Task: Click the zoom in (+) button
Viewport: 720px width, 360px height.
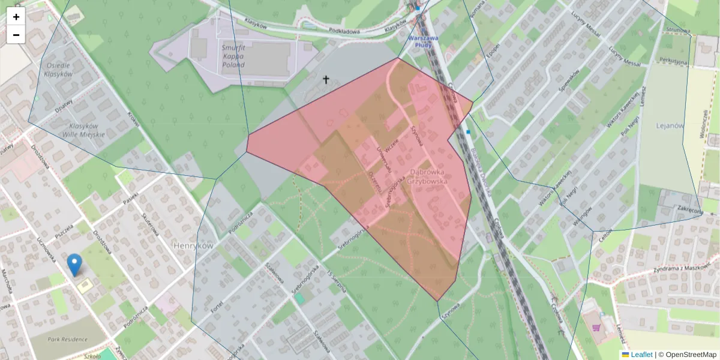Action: (x=16, y=17)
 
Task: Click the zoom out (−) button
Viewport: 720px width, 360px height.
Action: (x=16, y=35)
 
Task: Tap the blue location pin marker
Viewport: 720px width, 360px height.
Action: (x=74, y=265)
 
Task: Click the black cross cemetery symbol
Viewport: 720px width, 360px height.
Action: (x=326, y=79)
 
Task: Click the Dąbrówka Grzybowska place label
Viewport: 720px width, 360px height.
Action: (x=427, y=175)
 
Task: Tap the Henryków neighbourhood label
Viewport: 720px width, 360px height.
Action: (x=193, y=246)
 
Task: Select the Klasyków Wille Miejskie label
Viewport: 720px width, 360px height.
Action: (x=83, y=130)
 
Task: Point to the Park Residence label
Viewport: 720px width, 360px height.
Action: (x=67, y=339)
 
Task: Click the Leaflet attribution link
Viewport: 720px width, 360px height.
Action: (x=641, y=355)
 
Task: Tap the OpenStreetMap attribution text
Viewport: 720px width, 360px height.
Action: (x=688, y=355)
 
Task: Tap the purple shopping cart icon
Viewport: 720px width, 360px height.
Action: (x=596, y=328)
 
